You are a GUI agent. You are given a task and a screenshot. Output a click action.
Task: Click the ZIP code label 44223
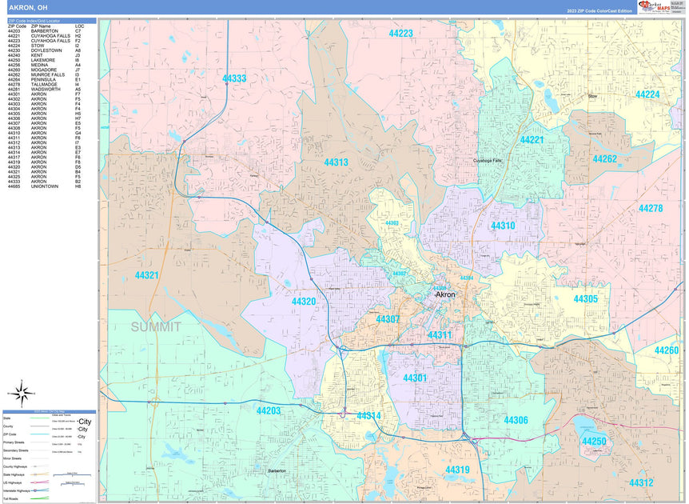tap(400, 33)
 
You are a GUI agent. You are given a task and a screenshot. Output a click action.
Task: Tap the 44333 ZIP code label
tap(234, 78)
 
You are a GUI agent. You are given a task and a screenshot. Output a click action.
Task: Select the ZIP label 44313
tap(336, 162)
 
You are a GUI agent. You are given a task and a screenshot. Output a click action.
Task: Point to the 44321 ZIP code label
tap(146, 274)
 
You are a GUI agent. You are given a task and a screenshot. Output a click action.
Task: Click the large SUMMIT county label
tap(156, 326)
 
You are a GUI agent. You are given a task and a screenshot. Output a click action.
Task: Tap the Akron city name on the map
tap(444, 294)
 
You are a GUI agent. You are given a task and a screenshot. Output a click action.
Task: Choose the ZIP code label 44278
tap(650, 208)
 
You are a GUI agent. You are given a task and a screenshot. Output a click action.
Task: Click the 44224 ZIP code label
tap(647, 94)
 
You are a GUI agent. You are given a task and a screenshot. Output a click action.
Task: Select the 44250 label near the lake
tap(593, 442)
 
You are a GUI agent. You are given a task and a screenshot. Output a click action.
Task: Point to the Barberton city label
tap(277, 471)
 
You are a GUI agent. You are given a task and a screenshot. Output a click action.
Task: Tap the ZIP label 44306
tap(516, 420)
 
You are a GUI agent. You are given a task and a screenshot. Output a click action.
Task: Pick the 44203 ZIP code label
tap(269, 410)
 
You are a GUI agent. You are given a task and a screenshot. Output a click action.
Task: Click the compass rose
tap(23, 393)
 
